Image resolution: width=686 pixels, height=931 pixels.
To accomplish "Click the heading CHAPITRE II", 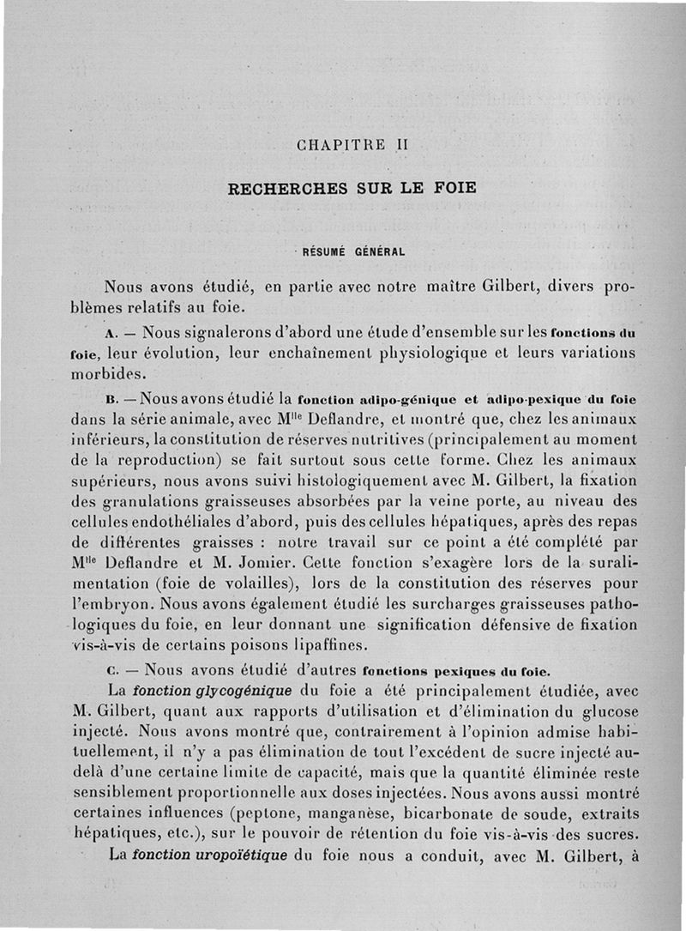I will click(352, 145).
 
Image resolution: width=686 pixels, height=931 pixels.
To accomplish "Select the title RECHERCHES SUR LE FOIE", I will click(352, 188).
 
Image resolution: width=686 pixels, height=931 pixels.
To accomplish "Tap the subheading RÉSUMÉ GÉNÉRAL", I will click(351, 252).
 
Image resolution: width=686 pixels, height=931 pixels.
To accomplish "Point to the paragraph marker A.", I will click(111, 331).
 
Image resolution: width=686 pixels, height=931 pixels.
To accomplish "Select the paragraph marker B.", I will click(111, 400).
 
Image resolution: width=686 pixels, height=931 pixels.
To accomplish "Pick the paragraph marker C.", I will click(111, 670).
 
